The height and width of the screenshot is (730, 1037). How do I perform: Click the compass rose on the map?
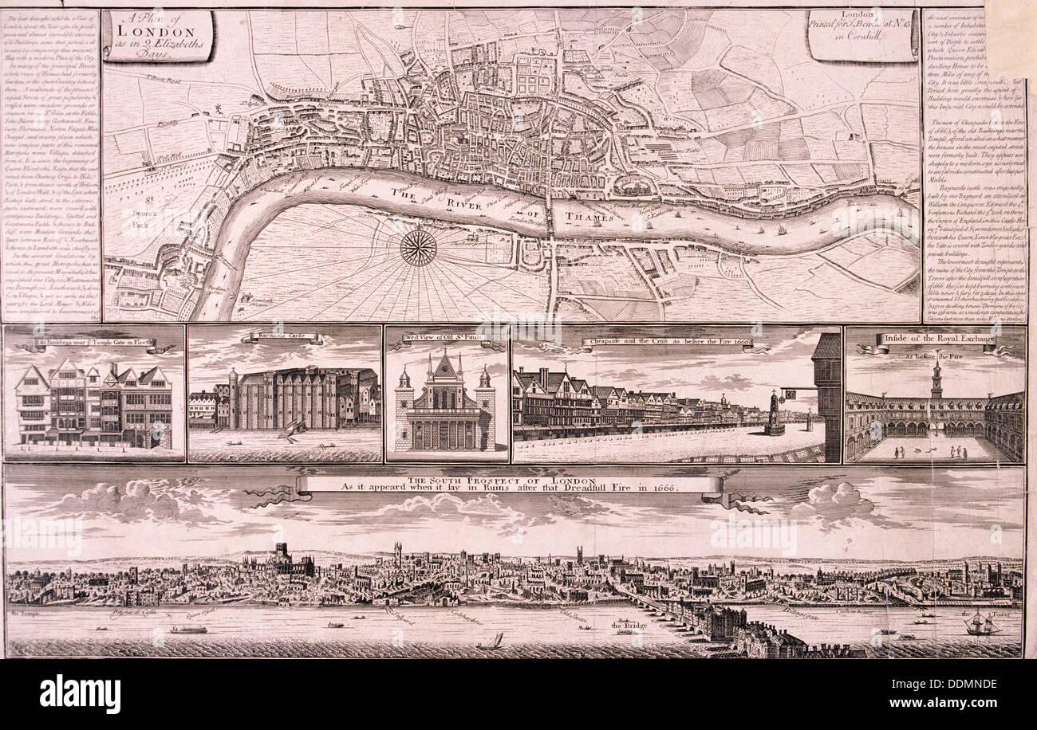click(418, 246)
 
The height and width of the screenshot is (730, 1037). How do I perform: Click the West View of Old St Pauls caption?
click(446, 337)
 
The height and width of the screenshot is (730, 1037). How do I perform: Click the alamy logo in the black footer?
click(80, 693)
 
